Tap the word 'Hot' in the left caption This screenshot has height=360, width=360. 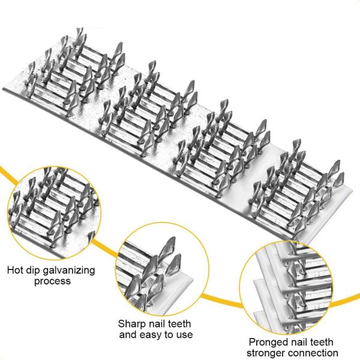pos(16,270)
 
